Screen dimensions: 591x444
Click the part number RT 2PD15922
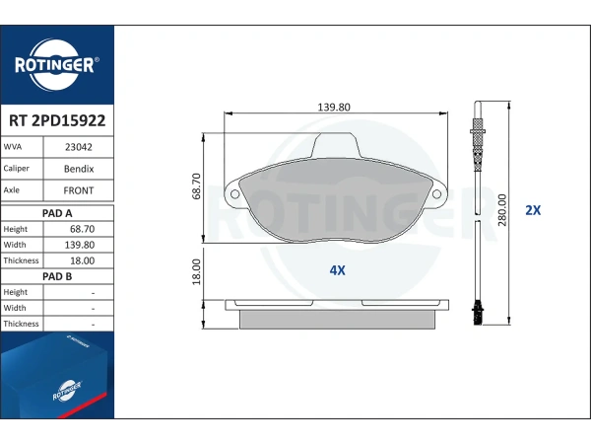pos(57,120)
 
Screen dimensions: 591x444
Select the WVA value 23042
pos(79,147)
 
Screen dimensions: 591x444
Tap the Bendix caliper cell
pos(79,169)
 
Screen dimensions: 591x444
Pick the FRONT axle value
pos(79,190)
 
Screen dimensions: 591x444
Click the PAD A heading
pos(57,213)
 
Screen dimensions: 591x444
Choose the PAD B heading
pos(57,276)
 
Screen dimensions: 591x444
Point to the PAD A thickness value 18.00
pos(82,260)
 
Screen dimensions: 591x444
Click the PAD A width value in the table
pos(80,245)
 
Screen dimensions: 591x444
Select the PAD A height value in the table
pos(82,229)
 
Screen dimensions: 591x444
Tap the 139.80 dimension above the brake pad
pos(334,108)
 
